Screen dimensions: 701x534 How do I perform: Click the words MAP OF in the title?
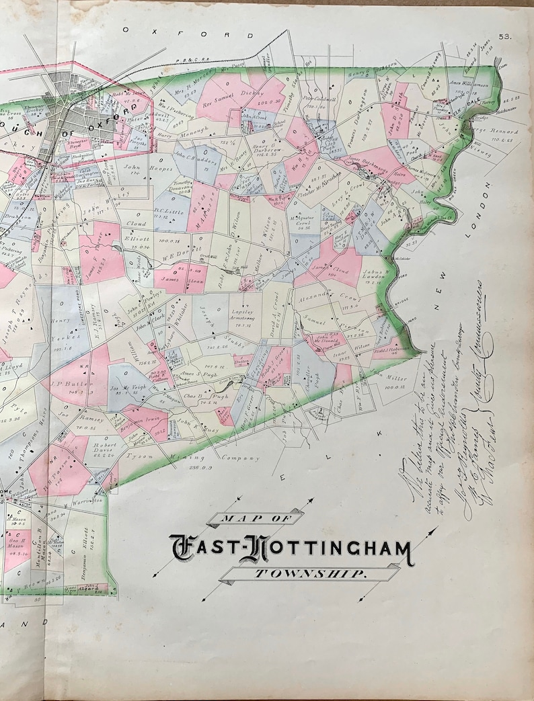tap(255, 518)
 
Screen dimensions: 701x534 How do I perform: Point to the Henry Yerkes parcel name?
tap(61, 330)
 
